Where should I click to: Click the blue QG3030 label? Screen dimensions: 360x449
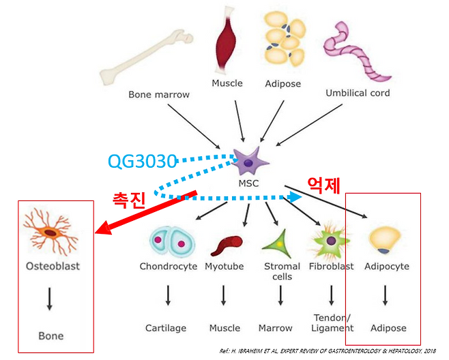tap(143, 161)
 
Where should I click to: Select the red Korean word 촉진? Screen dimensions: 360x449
tap(130, 198)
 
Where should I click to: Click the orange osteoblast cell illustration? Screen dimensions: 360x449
tap(51, 231)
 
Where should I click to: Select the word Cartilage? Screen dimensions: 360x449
tap(166, 328)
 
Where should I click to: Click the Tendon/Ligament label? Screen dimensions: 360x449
tap(331, 322)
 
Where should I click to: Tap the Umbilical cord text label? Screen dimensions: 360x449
tap(357, 93)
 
